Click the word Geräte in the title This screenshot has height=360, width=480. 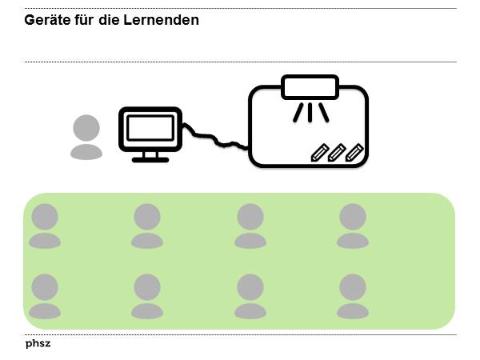click(46, 20)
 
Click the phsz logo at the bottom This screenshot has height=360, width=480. click(38, 343)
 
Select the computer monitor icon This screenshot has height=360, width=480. click(150, 130)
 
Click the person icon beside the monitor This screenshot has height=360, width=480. click(86, 137)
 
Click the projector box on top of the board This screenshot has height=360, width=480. click(310, 85)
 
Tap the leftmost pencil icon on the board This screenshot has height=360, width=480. click(320, 152)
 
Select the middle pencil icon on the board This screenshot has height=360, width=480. click(337, 152)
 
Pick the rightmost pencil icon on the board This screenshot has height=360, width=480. click(354, 152)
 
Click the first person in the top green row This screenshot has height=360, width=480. click(45, 225)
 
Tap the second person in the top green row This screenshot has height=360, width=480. click(147, 225)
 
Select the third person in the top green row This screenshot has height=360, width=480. click(250, 225)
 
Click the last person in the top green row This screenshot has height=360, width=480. click(352, 225)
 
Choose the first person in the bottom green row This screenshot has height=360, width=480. click(45, 295)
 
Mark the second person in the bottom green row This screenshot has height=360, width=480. click(147, 295)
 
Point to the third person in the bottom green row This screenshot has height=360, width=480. click(250, 295)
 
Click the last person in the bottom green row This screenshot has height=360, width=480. click(352, 295)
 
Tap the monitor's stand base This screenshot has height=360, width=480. click(150, 158)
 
